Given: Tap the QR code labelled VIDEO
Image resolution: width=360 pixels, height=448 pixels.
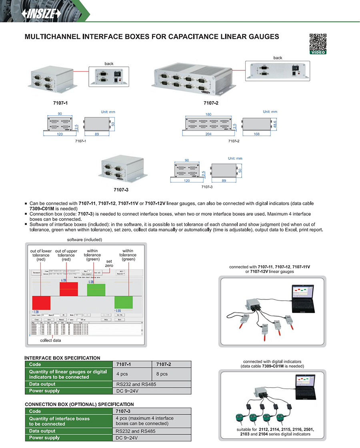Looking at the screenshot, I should pyautogui.click(x=318, y=42).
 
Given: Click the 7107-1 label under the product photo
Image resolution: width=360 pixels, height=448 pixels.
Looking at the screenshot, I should pyautogui.click(x=60, y=103).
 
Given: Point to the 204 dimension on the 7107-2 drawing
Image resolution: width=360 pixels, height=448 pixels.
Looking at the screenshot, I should pyautogui.click(x=208, y=134).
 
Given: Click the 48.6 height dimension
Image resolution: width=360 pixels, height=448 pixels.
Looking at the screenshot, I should pyautogui.click(x=274, y=121).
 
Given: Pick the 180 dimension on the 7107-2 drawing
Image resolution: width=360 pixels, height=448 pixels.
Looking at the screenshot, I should pyautogui.click(x=208, y=115).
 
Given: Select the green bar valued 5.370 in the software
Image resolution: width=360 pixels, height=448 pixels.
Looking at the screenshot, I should pyautogui.click(x=96, y=289).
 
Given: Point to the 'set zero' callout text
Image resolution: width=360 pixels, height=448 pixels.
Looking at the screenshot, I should pyautogui.click(x=109, y=263).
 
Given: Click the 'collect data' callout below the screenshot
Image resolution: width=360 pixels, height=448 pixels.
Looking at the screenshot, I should pyautogui.click(x=51, y=340).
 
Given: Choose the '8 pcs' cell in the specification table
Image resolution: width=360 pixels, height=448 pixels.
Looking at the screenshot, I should pyautogui.click(x=162, y=374).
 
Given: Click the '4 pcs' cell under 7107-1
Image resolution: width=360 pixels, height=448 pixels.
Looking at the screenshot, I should pyautogui.click(x=122, y=374).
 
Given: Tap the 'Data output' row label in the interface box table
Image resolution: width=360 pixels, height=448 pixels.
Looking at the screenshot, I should pyautogui.click(x=42, y=384).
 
